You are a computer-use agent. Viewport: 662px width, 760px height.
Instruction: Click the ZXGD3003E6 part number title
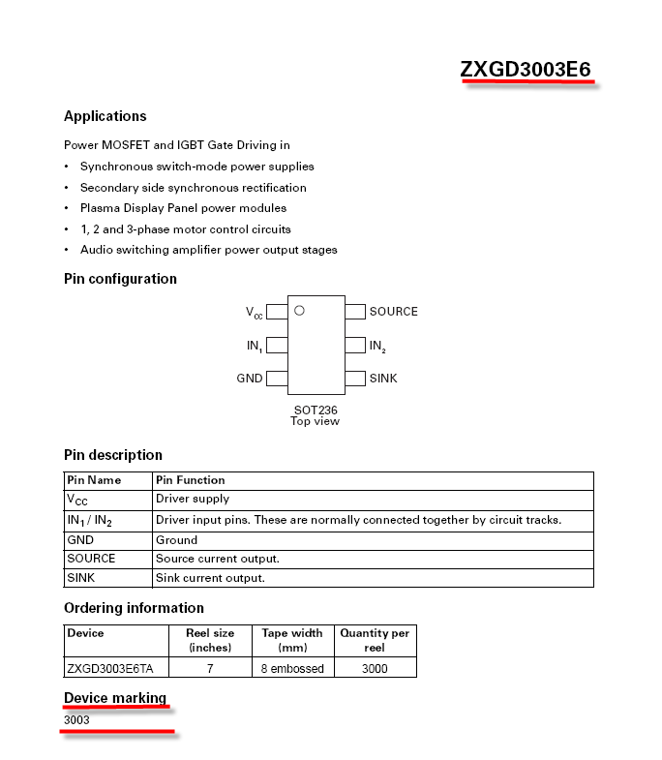[526, 70]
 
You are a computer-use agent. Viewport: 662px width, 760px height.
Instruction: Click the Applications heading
[105, 116]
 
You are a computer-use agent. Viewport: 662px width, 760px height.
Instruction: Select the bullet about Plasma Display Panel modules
[183, 208]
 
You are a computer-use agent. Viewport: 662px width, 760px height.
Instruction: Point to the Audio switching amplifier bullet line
[208, 250]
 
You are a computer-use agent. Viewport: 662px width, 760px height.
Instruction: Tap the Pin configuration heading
[120, 279]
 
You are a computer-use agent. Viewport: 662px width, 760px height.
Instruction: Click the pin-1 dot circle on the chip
[299, 311]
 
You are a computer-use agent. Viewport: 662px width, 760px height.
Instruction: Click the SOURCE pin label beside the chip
[393, 312]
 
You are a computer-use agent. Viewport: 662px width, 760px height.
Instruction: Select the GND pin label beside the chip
[250, 379]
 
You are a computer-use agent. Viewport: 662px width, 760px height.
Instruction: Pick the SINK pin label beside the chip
[383, 379]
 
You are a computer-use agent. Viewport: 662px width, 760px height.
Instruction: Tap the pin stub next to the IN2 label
[355, 345]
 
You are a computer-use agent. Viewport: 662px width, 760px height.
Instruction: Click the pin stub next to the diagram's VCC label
[277, 312]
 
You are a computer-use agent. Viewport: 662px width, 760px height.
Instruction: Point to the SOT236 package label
[316, 410]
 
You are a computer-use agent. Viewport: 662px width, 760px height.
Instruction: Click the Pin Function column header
[190, 480]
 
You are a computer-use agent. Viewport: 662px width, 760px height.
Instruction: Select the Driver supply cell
[193, 500]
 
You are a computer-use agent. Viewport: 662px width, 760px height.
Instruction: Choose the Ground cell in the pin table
[176, 540]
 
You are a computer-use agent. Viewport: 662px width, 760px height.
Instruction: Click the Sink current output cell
[210, 578]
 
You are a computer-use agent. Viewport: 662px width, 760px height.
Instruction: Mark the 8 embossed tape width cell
[292, 668]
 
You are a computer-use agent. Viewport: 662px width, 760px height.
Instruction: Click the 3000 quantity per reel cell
[375, 668]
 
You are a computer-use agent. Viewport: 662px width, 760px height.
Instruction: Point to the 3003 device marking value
[76, 720]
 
